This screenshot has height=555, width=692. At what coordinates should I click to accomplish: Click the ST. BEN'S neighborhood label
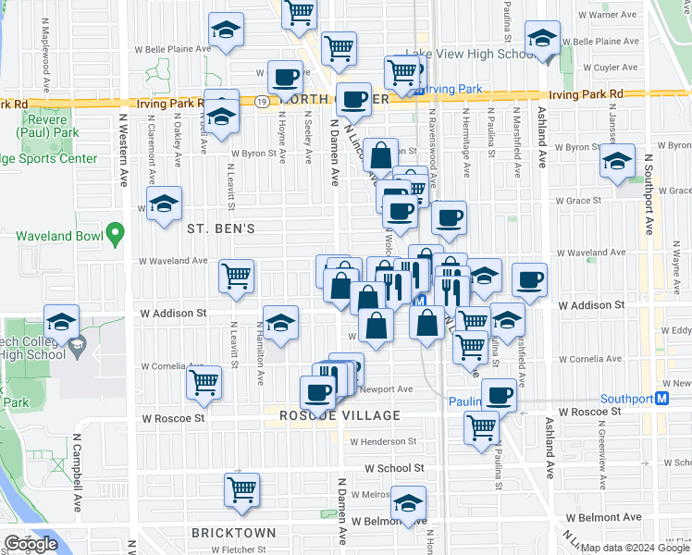click(x=220, y=228)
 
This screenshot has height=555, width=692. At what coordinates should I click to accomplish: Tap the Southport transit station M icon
click(x=661, y=400)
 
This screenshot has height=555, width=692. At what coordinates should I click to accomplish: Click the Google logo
click(x=31, y=545)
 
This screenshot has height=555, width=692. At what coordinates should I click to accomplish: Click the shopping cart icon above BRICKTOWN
click(x=241, y=488)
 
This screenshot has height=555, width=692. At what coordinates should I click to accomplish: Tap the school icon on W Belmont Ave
click(x=407, y=502)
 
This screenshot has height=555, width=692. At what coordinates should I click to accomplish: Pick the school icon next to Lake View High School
click(x=542, y=38)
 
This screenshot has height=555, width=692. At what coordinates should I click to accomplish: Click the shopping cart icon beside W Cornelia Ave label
click(x=204, y=381)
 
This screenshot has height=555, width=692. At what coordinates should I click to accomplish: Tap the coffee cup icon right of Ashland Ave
click(x=529, y=280)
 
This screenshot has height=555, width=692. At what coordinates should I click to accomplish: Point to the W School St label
click(x=394, y=469)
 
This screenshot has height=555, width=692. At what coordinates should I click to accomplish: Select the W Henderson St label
click(x=381, y=441)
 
